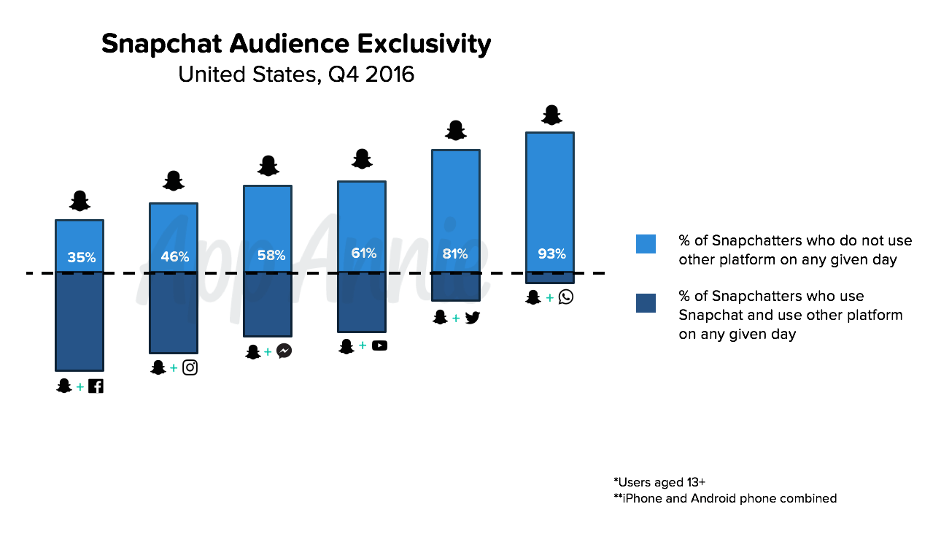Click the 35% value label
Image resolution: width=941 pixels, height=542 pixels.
[x=81, y=257]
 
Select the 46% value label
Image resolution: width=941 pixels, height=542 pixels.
[x=174, y=256]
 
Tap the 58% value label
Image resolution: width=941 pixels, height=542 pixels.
[x=271, y=256]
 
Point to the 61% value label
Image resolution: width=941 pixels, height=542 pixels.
[x=363, y=253]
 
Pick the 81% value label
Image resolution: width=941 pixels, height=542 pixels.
[x=455, y=254]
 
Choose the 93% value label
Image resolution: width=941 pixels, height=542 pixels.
[x=551, y=253]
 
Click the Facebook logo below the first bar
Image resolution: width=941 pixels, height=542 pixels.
[x=96, y=386]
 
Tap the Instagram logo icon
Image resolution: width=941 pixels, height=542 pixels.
[x=190, y=367]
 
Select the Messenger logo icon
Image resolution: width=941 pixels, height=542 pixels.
[x=284, y=351]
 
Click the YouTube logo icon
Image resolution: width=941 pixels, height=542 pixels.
[x=379, y=346]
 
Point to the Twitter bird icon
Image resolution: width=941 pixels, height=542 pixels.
[x=472, y=317]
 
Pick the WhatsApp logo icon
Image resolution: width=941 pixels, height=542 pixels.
[x=565, y=297]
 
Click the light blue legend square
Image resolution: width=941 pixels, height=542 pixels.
[x=646, y=244]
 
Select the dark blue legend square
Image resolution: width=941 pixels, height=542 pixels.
[x=646, y=302]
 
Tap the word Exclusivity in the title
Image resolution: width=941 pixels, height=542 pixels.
[x=423, y=45]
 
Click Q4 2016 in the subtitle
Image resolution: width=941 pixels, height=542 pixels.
[x=371, y=75]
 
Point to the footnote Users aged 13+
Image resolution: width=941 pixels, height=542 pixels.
[x=659, y=482]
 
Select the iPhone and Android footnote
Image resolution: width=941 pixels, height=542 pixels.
[x=725, y=498]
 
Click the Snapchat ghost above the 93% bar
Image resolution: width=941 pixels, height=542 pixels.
[x=551, y=115]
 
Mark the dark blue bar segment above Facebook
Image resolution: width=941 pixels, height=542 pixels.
[x=80, y=321]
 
